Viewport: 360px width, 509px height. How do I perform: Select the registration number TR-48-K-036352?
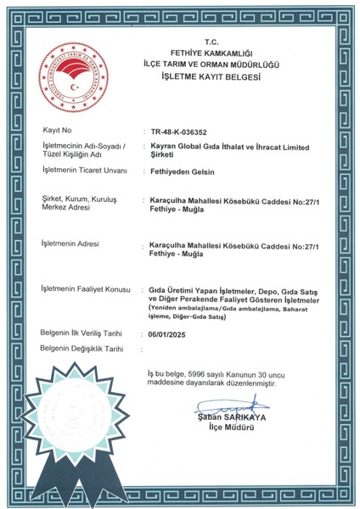183,131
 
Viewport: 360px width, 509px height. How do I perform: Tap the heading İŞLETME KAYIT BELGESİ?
211,76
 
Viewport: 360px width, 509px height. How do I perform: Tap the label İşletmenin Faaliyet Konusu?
85,290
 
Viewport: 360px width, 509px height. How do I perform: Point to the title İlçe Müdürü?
220,428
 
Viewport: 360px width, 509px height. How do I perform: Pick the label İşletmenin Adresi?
69,244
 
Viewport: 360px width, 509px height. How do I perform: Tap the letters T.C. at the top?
211,41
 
